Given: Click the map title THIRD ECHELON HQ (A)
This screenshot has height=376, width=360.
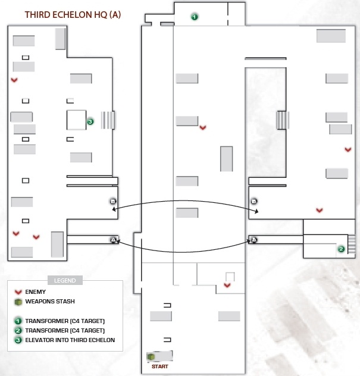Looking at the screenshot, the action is pos(73,15).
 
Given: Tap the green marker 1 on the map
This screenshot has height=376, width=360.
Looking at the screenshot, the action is pos(194,17).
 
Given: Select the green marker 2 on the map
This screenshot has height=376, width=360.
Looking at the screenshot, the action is pos(341,249).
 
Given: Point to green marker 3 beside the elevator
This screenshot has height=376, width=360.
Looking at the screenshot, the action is pos(90,122).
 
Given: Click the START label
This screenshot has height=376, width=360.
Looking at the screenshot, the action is pos(160,366).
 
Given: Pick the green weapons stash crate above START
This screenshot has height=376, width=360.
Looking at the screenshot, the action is pos(151,356).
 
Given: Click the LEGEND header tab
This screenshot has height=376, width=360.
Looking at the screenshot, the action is pos(65,280).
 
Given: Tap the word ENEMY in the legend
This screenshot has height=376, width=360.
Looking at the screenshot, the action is pos(35,292).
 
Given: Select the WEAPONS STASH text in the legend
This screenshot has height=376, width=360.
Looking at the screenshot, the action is pos(50,302).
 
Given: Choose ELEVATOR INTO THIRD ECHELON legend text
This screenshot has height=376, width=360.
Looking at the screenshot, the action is pos(70,340).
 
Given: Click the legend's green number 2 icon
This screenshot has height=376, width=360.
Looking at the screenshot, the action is pos(18,331).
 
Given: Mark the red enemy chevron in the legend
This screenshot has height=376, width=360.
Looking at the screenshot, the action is pos(18,292).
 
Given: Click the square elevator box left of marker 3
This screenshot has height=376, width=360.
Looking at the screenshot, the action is pos(76,120).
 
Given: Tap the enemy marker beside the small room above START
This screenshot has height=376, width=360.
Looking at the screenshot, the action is pos(227,285).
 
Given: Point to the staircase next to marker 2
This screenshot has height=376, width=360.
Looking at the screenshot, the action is pos(352,244).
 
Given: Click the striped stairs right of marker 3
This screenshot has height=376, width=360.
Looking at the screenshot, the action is pos(108,120).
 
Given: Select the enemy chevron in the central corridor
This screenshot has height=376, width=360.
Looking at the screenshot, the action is pos(203,127).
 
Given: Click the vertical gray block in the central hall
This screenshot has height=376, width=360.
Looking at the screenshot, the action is pos(226,159).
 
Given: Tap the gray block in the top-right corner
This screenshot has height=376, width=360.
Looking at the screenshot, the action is pos(331,36).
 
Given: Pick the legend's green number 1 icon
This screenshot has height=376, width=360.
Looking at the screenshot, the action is pos(18,321).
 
